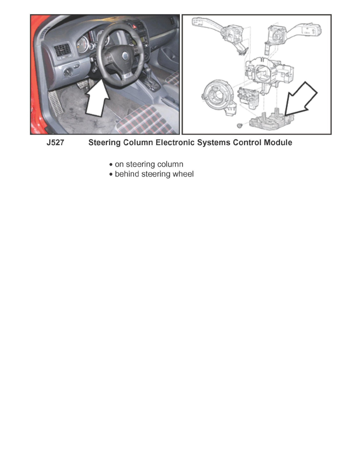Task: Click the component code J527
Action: [x=55, y=143]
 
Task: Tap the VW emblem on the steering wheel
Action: [x=125, y=56]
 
